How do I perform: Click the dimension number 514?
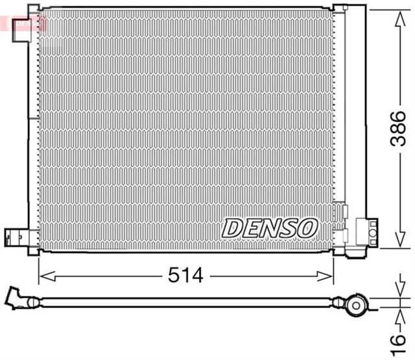click(186, 275)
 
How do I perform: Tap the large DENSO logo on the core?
click(270, 227)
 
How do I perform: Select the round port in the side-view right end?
click(356, 304)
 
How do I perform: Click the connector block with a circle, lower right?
click(366, 232)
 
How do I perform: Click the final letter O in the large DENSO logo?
click(307, 227)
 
